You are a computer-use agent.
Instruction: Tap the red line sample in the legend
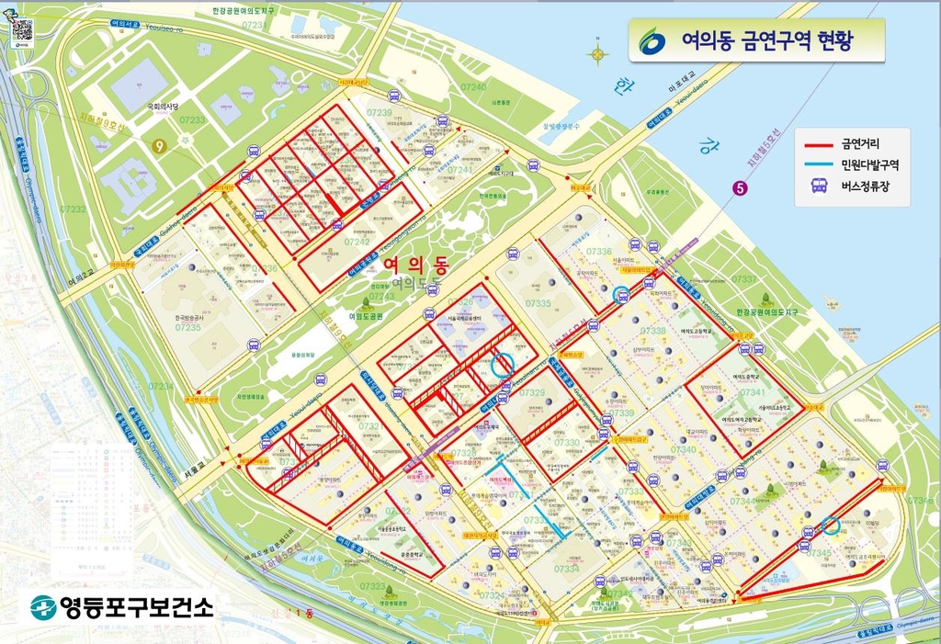(x=818, y=144)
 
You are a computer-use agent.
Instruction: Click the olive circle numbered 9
(x=160, y=145)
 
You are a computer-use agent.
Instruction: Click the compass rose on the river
(x=598, y=55)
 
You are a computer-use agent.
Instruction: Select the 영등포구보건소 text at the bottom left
(x=135, y=606)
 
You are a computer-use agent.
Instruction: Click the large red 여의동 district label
(x=414, y=266)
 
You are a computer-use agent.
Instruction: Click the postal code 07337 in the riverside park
(x=744, y=278)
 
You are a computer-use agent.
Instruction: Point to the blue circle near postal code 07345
(x=830, y=525)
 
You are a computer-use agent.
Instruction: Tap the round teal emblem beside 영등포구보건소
(x=42, y=606)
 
